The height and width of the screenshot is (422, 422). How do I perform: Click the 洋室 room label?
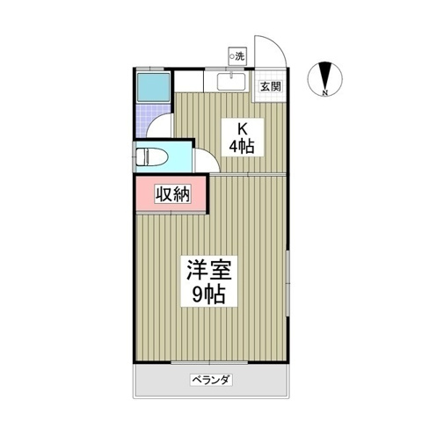(209, 270)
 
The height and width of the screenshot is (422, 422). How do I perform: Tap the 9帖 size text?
(208, 294)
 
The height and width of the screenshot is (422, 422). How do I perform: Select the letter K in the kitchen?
(242, 127)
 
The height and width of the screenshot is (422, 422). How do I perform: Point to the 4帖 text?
(241, 146)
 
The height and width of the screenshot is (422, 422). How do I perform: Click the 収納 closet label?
(172, 193)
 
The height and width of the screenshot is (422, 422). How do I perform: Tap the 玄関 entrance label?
(271, 86)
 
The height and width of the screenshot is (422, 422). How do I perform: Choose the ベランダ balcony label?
(211, 380)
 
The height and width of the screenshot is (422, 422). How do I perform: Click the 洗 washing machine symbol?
(237, 56)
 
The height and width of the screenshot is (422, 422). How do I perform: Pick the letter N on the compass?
(324, 93)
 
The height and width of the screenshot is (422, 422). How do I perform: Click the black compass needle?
(324, 76)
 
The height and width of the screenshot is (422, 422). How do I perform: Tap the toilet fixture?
(151, 156)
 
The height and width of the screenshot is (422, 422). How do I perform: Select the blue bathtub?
(154, 87)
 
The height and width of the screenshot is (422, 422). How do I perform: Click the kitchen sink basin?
(231, 82)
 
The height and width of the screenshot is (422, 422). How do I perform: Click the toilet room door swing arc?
(212, 155)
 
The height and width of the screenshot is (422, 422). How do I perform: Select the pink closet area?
(171, 193)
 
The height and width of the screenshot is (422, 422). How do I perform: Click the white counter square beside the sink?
(189, 80)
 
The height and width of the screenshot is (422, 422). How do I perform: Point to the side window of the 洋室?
(288, 283)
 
